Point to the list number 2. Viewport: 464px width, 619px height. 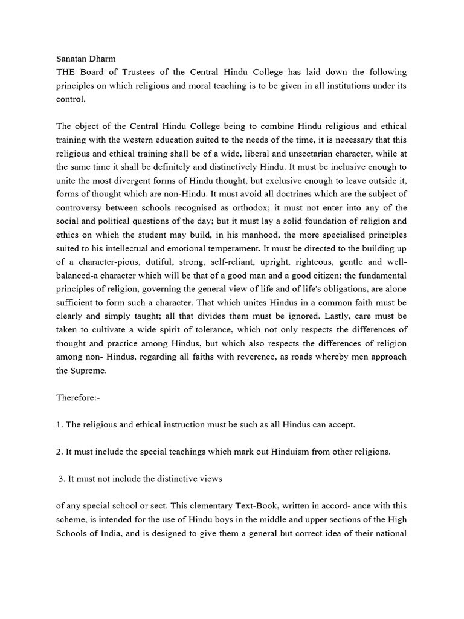[x=59, y=452]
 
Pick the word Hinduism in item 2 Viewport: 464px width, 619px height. [x=269, y=452]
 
